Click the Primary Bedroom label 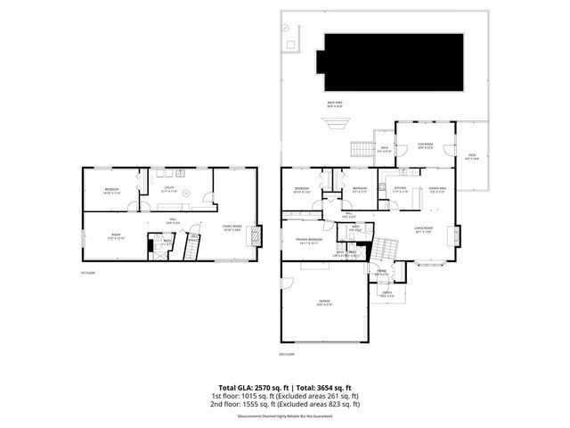[308, 241]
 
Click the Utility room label [167, 189]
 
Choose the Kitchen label [401, 189]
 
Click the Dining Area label [436, 189]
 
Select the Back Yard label [334, 105]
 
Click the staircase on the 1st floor [190, 245]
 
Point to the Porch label [388, 294]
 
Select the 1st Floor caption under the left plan [86, 272]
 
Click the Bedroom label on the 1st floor [111, 191]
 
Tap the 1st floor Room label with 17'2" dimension [116, 237]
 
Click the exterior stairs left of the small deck [363, 147]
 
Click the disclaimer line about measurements [284, 416]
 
